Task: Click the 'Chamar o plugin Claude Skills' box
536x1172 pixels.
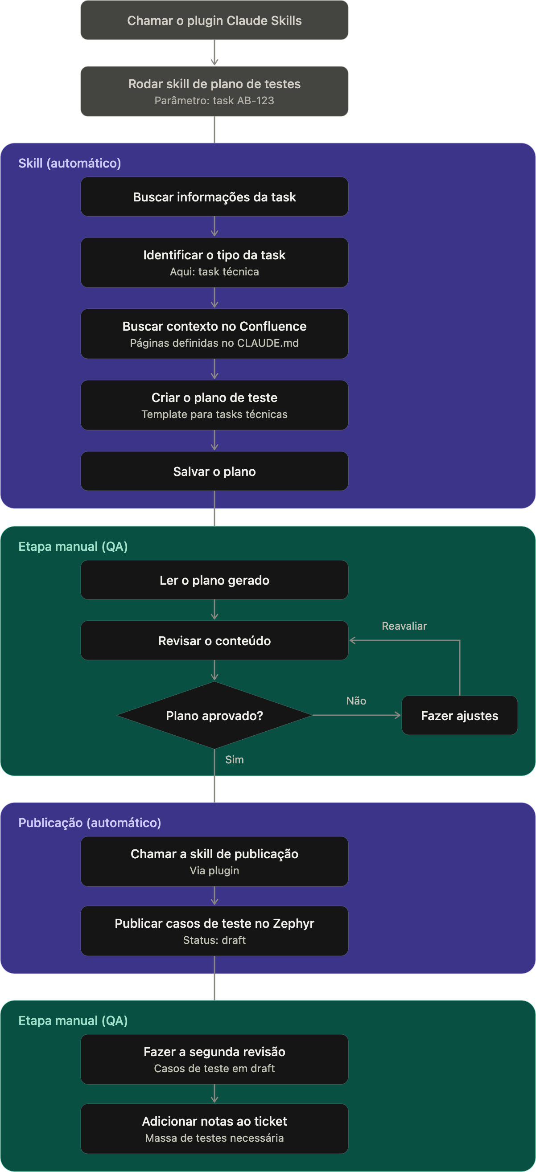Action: [x=214, y=20]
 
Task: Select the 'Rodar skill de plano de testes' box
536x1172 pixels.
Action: [x=214, y=91]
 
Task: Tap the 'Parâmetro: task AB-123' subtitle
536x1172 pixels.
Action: [x=214, y=101]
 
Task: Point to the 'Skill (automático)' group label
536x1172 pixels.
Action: [x=70, y=163]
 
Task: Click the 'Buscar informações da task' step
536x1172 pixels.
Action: [x=214, y=197]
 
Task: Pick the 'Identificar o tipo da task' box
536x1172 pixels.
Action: [x=214, y=262]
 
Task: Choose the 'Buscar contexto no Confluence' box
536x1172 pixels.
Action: [x=214, y=334]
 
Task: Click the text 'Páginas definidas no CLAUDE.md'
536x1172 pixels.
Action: [x=214, y=343]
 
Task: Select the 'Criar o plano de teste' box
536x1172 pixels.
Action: [x=214, y=405]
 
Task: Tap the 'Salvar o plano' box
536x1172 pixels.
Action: [x=214, y=471]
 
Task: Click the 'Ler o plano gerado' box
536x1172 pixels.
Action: [x=214, y=580]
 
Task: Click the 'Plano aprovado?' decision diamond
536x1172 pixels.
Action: [x=214, y=715]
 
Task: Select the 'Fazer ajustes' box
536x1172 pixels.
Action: [x=459, y=715]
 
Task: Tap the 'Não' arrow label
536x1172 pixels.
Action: [x=356, y=701]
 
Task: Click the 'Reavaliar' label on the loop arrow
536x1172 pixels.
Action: [x=404, y=626]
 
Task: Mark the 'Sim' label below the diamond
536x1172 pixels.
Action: [x=235, y=760]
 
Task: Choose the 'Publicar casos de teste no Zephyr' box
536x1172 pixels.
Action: [x=214, y=931]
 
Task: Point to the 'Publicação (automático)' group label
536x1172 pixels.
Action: [x=90, y=823]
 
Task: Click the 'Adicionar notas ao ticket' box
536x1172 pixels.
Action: [x=214, y=1129]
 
